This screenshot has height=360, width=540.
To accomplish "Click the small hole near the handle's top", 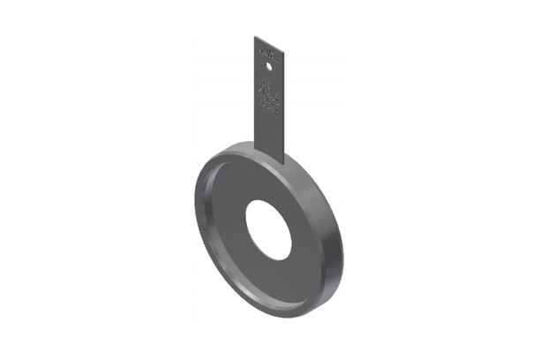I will tap(270, 62).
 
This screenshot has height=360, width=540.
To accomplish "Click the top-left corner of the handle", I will tap(255, 37).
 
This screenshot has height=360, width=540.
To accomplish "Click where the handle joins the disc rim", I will tap(270, 157).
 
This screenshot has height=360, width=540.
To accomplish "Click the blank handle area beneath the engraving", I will tap(270, 132).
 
